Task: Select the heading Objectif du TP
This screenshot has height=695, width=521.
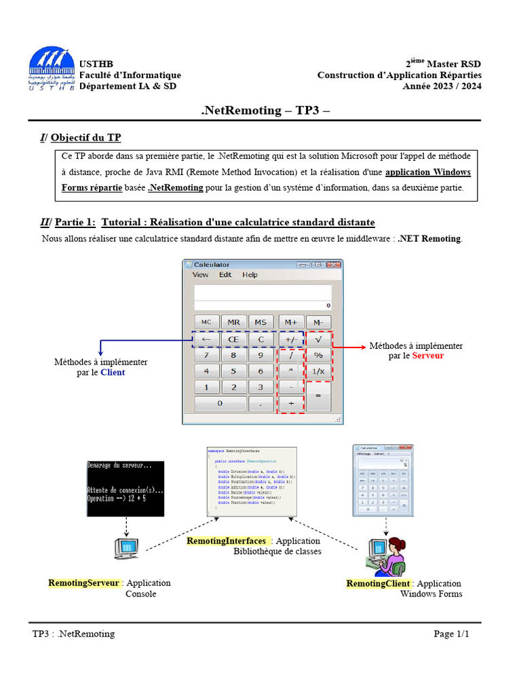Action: [x=85, y=137]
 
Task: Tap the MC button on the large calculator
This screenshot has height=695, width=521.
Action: [x=207, y=322]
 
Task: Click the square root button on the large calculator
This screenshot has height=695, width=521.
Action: [x=318, y=339]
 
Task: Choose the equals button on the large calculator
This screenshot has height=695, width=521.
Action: [x=318, y=396]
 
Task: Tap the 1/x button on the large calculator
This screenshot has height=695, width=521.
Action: [x=318, y=371]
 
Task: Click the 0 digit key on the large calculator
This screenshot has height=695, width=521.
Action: [x=220, y=403]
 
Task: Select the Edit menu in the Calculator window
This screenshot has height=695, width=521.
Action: [x=225, y=275]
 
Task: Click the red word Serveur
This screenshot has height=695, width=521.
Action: [x=427, y=356]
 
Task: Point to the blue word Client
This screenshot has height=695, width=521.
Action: [x=113, y=372]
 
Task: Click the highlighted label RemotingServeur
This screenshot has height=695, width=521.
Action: [x=84, y=583]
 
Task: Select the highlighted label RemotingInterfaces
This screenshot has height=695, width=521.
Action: [x=227, y=541]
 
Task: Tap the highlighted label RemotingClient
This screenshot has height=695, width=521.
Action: [x=378, y=584]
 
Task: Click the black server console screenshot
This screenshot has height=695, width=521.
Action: [x=126, y=489]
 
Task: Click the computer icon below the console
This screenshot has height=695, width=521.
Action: [x=126, y=547]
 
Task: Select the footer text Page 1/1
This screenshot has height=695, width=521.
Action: [x=451, y=634]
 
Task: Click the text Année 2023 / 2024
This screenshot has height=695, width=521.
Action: [x=442, y=86]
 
